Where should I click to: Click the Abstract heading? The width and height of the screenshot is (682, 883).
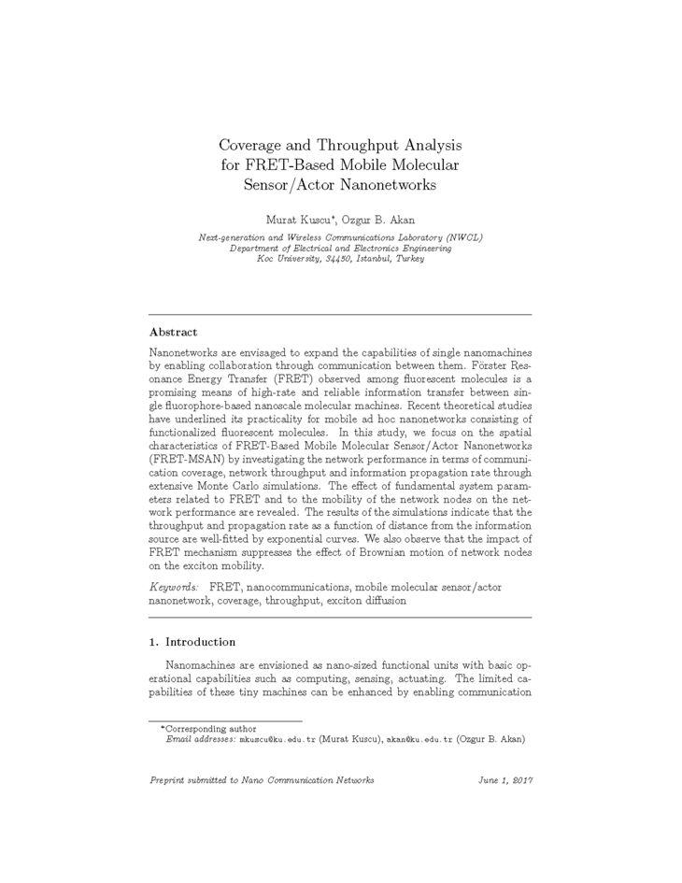[x=173, y=332]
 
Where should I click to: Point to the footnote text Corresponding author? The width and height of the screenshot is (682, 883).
[x=210, y=728]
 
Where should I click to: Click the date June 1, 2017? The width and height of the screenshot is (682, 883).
[x=505, y=780]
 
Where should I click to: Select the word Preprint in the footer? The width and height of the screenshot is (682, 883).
[x=169, y=780]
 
